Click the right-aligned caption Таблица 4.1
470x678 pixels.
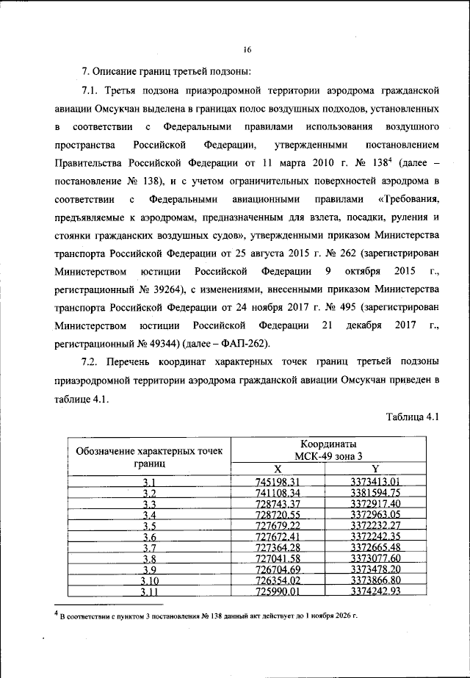point(411,416)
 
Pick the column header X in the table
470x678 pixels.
point(278,469)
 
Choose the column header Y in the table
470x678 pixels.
point(375,469)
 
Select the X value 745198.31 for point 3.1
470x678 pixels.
point(277,482)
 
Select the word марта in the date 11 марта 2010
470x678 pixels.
point(286,163)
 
